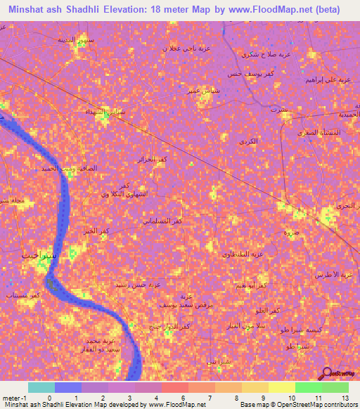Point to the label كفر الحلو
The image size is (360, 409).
coord(270,310)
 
